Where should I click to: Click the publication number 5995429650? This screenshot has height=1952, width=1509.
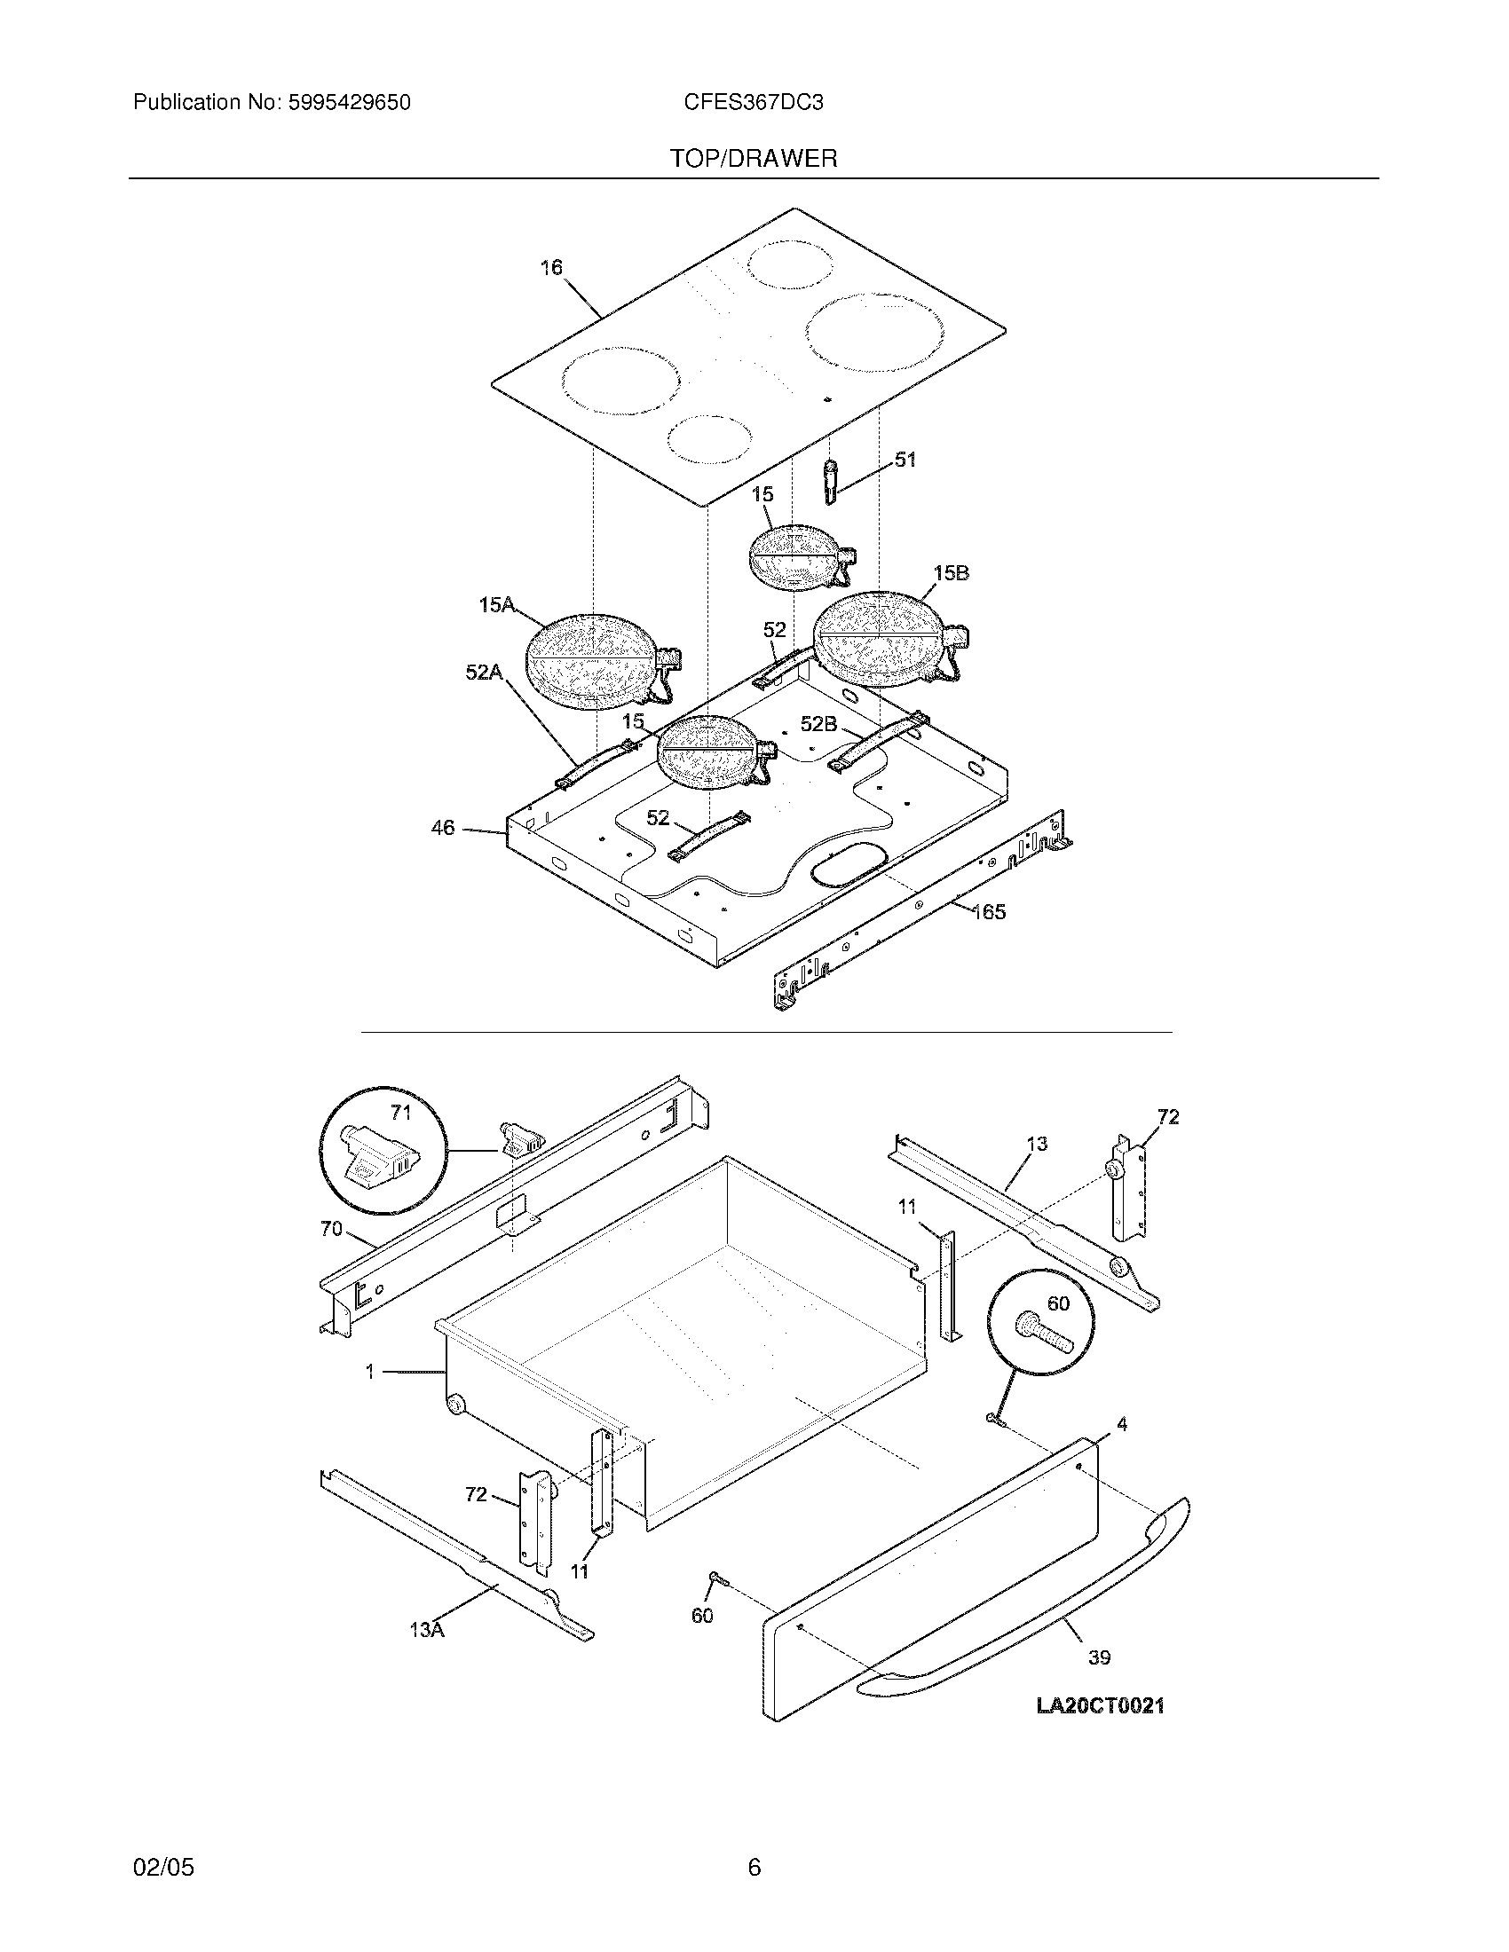click(349, 103)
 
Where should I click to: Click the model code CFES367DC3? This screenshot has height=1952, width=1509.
click(753, 103)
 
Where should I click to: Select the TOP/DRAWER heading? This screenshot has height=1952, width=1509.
click(754, 159)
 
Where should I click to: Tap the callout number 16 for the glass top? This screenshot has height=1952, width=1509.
click(551, 267)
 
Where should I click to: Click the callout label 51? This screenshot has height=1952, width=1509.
click(905, 460)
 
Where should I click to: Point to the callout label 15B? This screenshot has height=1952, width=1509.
click(951, 573)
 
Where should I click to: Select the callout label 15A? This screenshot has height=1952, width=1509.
click(496, 605)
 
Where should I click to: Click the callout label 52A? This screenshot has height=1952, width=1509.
click(484, 673)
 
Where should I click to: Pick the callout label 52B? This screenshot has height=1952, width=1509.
click(818, 724)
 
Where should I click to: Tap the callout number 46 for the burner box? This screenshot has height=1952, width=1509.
click(443, 828)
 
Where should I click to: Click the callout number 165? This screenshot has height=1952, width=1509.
click(989, 911)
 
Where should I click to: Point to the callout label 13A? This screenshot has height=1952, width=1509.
click(426, 1629)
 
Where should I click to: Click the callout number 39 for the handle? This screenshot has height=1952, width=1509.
click(1099, 1657)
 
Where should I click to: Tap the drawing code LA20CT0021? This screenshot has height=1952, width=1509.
click(1100, 1706)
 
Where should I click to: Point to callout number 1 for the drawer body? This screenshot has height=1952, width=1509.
click(369, 1371)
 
